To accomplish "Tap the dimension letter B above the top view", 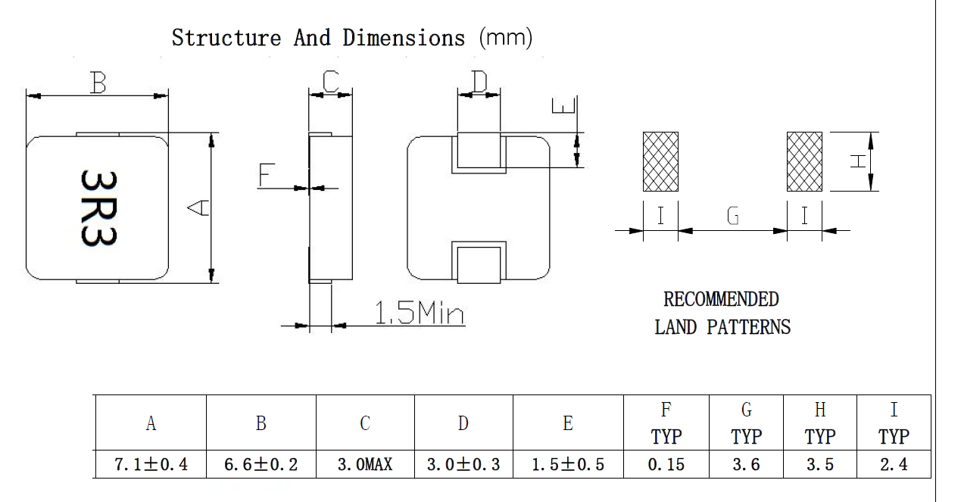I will [x=98, y=83].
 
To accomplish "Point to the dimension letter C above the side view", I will [x=330, y=81].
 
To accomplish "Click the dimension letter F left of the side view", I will [x=265, y=176].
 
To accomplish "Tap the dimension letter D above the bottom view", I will [x=479, y=80].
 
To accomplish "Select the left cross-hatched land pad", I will [x=660, y=161].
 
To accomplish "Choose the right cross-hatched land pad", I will [x=804, y=161].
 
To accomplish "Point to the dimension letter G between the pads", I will [x=732, y=217].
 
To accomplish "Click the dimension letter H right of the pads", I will [x=856, y=161].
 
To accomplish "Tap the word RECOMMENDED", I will [x=721, y=300].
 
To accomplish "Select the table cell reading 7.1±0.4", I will [x=151, y=464].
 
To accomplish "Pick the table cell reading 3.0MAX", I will [x=365, y=464].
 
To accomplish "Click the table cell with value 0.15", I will [x=666, y=464].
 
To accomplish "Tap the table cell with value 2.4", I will [x=894, y=464].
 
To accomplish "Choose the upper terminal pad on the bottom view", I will [x=479, y=151].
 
